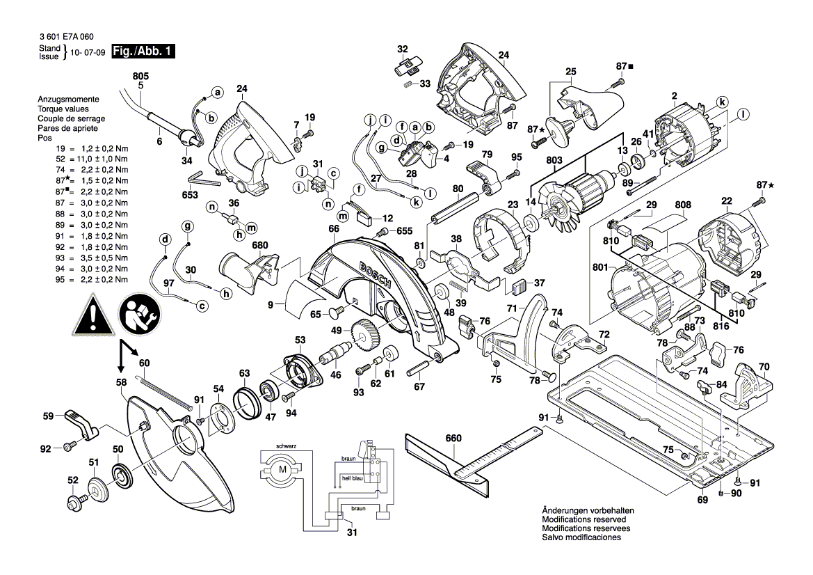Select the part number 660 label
click(453, 439)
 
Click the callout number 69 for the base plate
click(701, 500)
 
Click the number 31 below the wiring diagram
click(351, 533)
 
